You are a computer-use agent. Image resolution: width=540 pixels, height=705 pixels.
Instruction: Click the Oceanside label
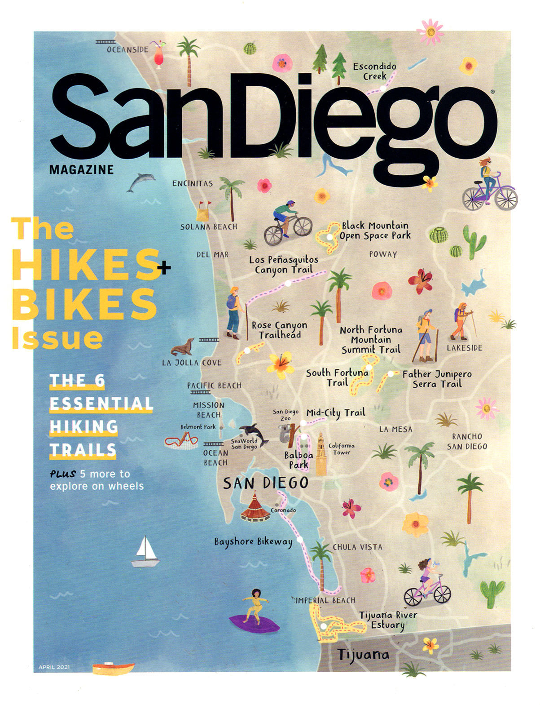(x=127, y=49)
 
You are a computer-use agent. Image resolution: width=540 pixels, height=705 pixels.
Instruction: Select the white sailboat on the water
(x=145, y=552)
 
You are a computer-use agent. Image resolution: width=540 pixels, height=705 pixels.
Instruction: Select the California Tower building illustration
(x=320, y=454)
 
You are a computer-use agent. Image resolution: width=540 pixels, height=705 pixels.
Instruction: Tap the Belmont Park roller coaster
(x=181, y=442)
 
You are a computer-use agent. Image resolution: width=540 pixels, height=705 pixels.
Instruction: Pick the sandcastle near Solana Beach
(x=204, y=210)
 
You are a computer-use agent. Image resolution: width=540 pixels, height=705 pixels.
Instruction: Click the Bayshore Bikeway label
(x=253, y=542)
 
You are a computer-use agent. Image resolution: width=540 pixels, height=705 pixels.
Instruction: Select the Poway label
(x=383, y=254)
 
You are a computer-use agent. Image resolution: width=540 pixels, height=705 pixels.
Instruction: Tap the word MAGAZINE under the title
(x=81, y=170)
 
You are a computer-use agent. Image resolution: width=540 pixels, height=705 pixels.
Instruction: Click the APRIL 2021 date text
(x=54, y=667)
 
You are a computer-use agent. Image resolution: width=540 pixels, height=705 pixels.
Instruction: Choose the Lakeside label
(x=464, y=348)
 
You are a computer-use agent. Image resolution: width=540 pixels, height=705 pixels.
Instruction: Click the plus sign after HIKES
(x=164, y=268)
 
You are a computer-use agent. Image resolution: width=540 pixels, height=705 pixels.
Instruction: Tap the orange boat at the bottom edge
(x=113, y=668)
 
